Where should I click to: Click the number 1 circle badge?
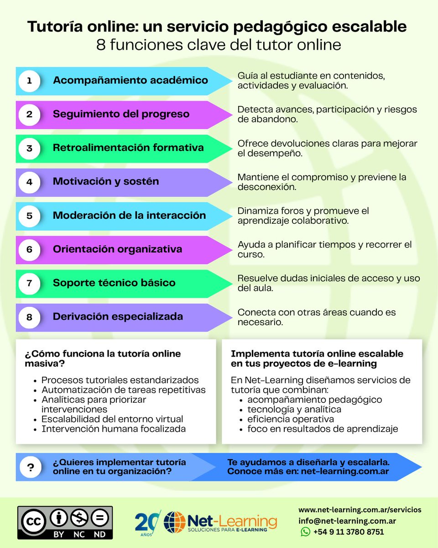(30, 80)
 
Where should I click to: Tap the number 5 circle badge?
(30, 216)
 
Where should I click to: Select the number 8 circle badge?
(30, 317)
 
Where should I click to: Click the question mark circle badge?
(31, 467)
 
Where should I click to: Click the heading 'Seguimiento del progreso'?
(121, 114)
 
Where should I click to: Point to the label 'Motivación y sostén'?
(106, 182)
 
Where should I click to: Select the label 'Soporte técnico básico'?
(114, 283)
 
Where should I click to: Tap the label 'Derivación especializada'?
(118, 317)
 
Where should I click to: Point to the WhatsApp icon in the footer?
(305, 532)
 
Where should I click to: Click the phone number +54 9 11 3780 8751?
(348, 532)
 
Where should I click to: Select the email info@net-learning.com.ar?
(347, 521)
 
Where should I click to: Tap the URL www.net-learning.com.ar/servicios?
(360, 509)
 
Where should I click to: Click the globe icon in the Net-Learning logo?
(175, 522)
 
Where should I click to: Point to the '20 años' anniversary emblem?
(147, 522)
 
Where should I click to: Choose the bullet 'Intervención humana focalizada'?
(114, 429)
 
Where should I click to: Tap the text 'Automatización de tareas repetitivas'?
(124, 390)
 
